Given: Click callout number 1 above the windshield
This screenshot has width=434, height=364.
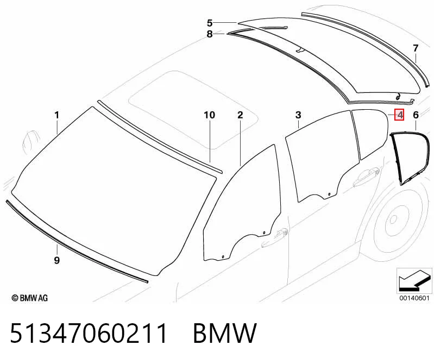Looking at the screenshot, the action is point(56,115).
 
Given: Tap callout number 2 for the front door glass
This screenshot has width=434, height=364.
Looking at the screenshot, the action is point(240,115).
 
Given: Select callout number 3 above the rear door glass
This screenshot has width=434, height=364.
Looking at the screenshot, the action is point(298,115).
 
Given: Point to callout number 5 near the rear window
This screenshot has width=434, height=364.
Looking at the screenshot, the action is point(210,23).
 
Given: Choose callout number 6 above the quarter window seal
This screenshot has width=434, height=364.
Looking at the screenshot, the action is point(416,115).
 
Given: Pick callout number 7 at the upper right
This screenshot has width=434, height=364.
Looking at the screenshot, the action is point(416,48).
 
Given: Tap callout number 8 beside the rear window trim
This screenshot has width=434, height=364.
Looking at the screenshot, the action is point(210,34).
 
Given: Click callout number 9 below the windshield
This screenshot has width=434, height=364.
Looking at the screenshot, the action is point(56,260).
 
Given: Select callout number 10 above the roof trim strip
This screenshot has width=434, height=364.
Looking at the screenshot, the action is point(209,115).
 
